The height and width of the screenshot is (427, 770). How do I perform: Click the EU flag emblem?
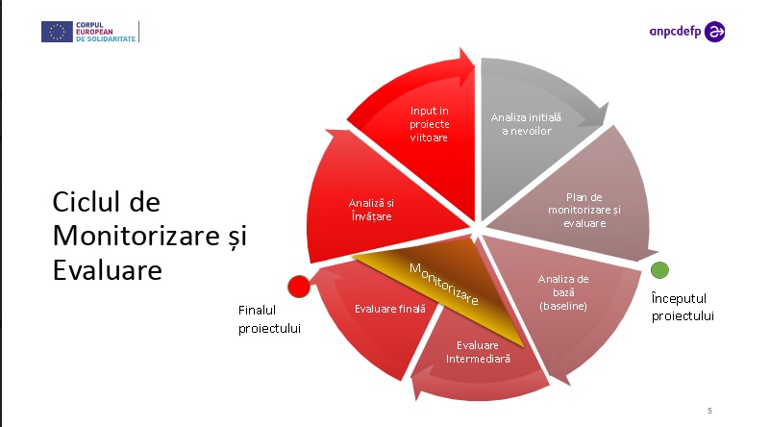tap(57, 32)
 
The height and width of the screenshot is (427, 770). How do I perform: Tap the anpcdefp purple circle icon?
tap(714, 32)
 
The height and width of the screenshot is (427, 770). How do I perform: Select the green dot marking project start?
tap(659, 270)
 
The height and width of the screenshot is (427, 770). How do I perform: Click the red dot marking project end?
tap(299, 287)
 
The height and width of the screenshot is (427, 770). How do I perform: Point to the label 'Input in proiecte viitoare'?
tap(429, 124)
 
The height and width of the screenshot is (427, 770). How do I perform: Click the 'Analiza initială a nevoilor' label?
tap(526, 124)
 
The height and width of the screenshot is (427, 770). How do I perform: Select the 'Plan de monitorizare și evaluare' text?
tap(584, 210)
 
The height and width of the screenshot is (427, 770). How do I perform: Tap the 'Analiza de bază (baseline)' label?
tap(563, 292)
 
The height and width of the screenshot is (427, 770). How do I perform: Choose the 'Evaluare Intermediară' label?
tap(478, 352)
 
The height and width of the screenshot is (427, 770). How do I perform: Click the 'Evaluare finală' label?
tap(390, 309)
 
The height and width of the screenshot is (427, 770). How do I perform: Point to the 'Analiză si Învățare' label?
tap(371, 210)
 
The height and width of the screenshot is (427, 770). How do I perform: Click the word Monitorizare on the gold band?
tap(444, 284)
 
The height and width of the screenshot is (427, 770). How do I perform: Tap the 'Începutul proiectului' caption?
tap(683, 307)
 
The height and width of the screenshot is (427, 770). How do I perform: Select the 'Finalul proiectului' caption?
tap(269, 319)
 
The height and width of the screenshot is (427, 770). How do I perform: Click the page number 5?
tap(709, 411)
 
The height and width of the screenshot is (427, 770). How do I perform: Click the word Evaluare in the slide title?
tap(107, 270)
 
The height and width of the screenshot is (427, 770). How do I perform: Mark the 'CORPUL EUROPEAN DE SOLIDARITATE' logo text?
tap(106, 32)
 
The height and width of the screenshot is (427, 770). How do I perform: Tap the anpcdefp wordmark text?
tap(675, 32)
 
